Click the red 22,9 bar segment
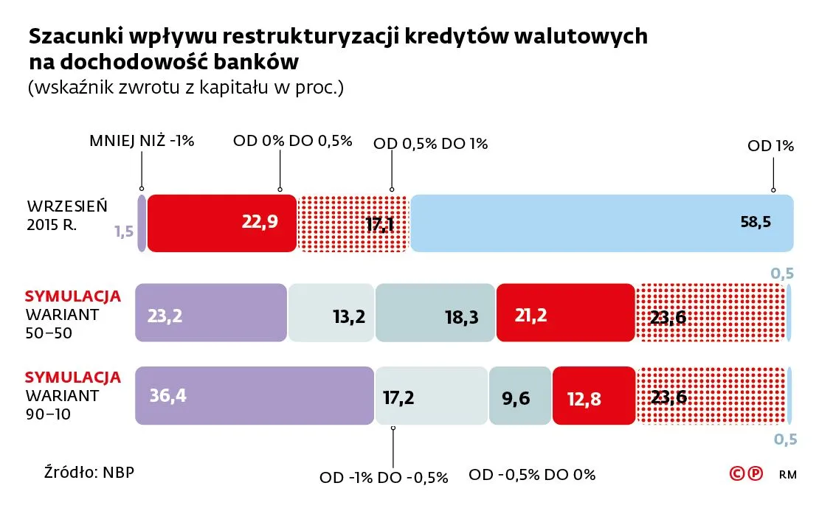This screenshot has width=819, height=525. click(x=222, y=223)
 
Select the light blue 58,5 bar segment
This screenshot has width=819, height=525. click(x=602, y=223)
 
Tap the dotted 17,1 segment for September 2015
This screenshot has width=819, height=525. click(x=353, y=223)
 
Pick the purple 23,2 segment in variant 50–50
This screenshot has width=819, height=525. click(x=211, y=313)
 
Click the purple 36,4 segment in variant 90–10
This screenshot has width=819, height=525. click(x=255, y=396)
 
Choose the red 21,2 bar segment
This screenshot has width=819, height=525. click(x=565, y=313)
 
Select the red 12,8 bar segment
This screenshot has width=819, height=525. click(x=593, y=396)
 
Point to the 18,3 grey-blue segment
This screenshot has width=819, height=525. click(x=435, y=313)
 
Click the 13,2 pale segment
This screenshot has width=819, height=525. click(x=331, y=313)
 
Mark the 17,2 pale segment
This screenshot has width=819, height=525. click(x=431, y=396)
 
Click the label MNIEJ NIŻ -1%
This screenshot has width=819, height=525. click(x=142, y=141)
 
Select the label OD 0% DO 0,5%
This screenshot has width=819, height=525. click(x=292, y=141)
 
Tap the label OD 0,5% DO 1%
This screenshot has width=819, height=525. click(x=431, y=144)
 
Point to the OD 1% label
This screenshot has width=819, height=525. click(x=770, y=146)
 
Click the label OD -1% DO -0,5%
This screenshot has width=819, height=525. click(x=384, y=477)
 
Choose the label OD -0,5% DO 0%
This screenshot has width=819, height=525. click(x=531, y=475)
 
